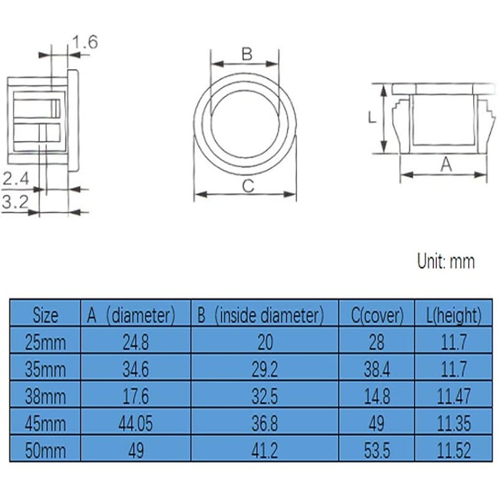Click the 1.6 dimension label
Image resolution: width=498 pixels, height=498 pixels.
pyautogui.click(x=85, y=42)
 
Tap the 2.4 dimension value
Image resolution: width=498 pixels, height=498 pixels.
pyautogui.click(x=16, y=179)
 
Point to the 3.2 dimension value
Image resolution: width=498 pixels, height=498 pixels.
pyautogui.click(x=15, y=202)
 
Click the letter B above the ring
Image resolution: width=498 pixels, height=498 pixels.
pyautogui.click(x=247, y=54)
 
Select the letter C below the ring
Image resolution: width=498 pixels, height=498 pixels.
pyautogui.click(x=248, y=186)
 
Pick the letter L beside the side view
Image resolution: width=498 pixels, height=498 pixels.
pyautogui.click(x=372, y=118)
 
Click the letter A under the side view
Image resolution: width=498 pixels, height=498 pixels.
pyautogui.click(x=446, y=164)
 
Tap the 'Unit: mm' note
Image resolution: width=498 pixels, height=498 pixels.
pyautogui.click(x=446, y=261)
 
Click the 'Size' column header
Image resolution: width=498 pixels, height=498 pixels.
pyautogui.click(x=45, y=316)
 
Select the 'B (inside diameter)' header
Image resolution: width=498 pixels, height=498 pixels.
pyautogui.click(x=260, y=316)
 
